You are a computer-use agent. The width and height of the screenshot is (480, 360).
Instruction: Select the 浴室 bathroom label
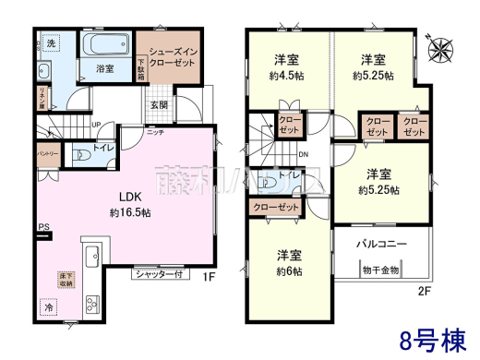click(x=103, y=67)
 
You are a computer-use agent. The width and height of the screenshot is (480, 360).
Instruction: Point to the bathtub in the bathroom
click(x=102, y=47)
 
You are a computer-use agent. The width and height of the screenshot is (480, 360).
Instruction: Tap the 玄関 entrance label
click(x=160, y=105)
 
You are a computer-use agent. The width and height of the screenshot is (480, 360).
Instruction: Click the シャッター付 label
click(x=162, y=273)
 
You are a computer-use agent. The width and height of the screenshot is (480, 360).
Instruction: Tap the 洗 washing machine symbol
click(x=52, y=44)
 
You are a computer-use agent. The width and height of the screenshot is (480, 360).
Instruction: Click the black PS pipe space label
click(x=42, y=227)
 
